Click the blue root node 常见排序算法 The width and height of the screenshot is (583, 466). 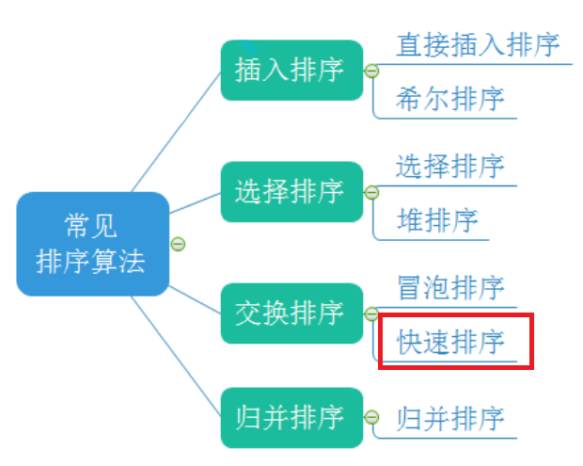[x=92, y=244]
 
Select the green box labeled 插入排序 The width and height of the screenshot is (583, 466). [x=291, y=70]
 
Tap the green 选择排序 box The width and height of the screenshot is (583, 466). [x=291, y=192]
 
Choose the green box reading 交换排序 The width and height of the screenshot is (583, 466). [x=291, y=313]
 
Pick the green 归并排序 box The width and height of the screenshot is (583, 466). [x=291, y=417]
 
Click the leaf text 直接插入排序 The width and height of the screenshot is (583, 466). [x=478, y=44]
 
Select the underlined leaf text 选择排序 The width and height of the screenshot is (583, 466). [x=450, y=167]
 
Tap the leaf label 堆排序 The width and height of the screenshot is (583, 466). [x=437, y=221]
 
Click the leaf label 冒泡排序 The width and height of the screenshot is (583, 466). [x=450, y=288]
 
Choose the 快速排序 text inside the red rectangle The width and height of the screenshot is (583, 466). [x=450, y=342]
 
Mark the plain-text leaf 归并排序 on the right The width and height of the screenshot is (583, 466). [x=450, y=417]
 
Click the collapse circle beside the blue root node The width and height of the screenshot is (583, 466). [x=178, y=245]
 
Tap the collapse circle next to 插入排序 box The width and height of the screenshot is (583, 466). [x=371, y=71]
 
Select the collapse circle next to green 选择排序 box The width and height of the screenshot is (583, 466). [x=371, y=192]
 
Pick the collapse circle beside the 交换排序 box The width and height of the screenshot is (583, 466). [x=371, y=313]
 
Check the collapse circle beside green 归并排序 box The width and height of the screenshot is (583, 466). [x=371, y=418]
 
